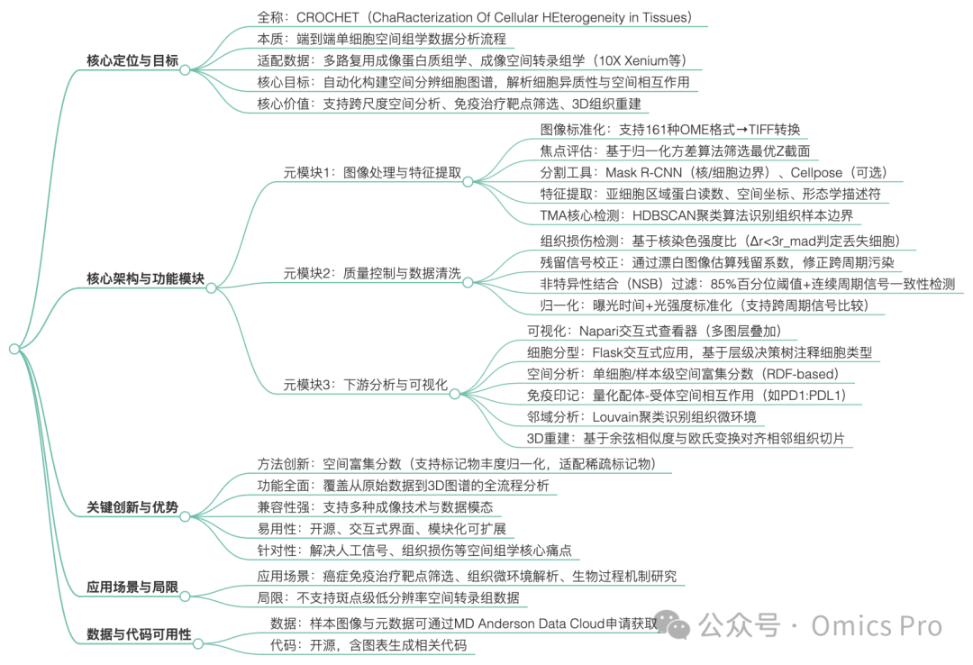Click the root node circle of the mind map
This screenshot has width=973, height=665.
click(14, 349)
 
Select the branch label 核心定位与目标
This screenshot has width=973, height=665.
click(132, 61)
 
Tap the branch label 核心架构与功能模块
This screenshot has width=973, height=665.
click(145, 278)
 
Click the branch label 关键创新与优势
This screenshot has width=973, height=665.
click(132, 508)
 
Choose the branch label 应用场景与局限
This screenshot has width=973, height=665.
click(132, 588)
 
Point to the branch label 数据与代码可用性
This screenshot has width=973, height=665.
click(139, 633)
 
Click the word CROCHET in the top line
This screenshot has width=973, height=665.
click(330, 17)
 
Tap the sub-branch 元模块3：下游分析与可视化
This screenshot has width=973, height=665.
click(365, 385)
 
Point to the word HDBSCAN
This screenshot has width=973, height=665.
click(667, 215)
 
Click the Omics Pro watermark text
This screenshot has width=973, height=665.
click(876, 624)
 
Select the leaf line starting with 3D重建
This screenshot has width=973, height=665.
click(686, 439)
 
